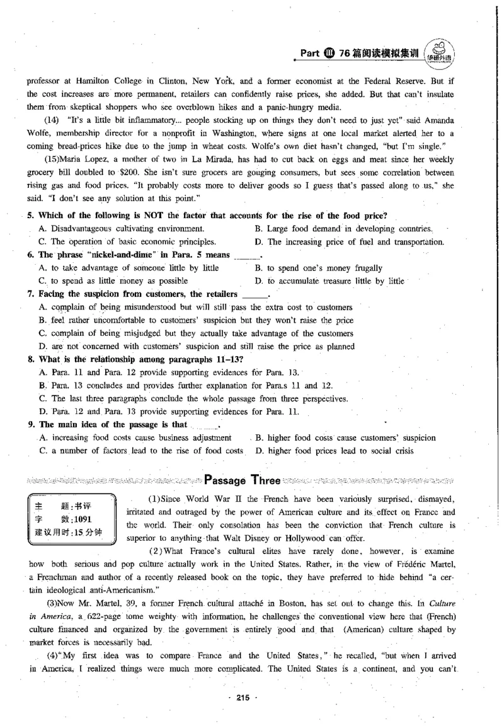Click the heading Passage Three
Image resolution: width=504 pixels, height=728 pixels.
point(243,480)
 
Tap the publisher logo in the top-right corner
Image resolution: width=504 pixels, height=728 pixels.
point(439,52)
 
